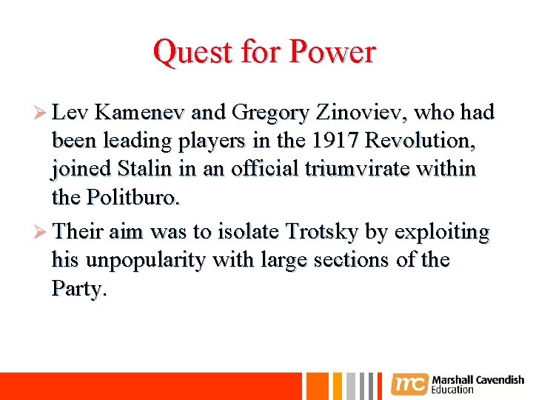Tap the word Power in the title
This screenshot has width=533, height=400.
[333, 53]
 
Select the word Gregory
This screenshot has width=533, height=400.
[270, 113]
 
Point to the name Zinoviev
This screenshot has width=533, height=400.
[361, 113]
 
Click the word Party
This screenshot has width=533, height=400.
[78, 288]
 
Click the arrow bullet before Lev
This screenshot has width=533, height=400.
[42, 113]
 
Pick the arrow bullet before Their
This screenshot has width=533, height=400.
[42, 233]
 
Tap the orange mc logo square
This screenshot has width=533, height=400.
[409, 384]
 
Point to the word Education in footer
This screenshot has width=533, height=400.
[452, 390]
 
